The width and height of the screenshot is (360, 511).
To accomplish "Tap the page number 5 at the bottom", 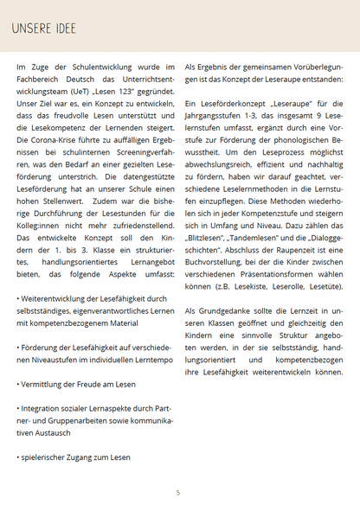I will [x=178, y=493].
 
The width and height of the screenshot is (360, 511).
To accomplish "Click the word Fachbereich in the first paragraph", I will [x=41, y=79].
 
